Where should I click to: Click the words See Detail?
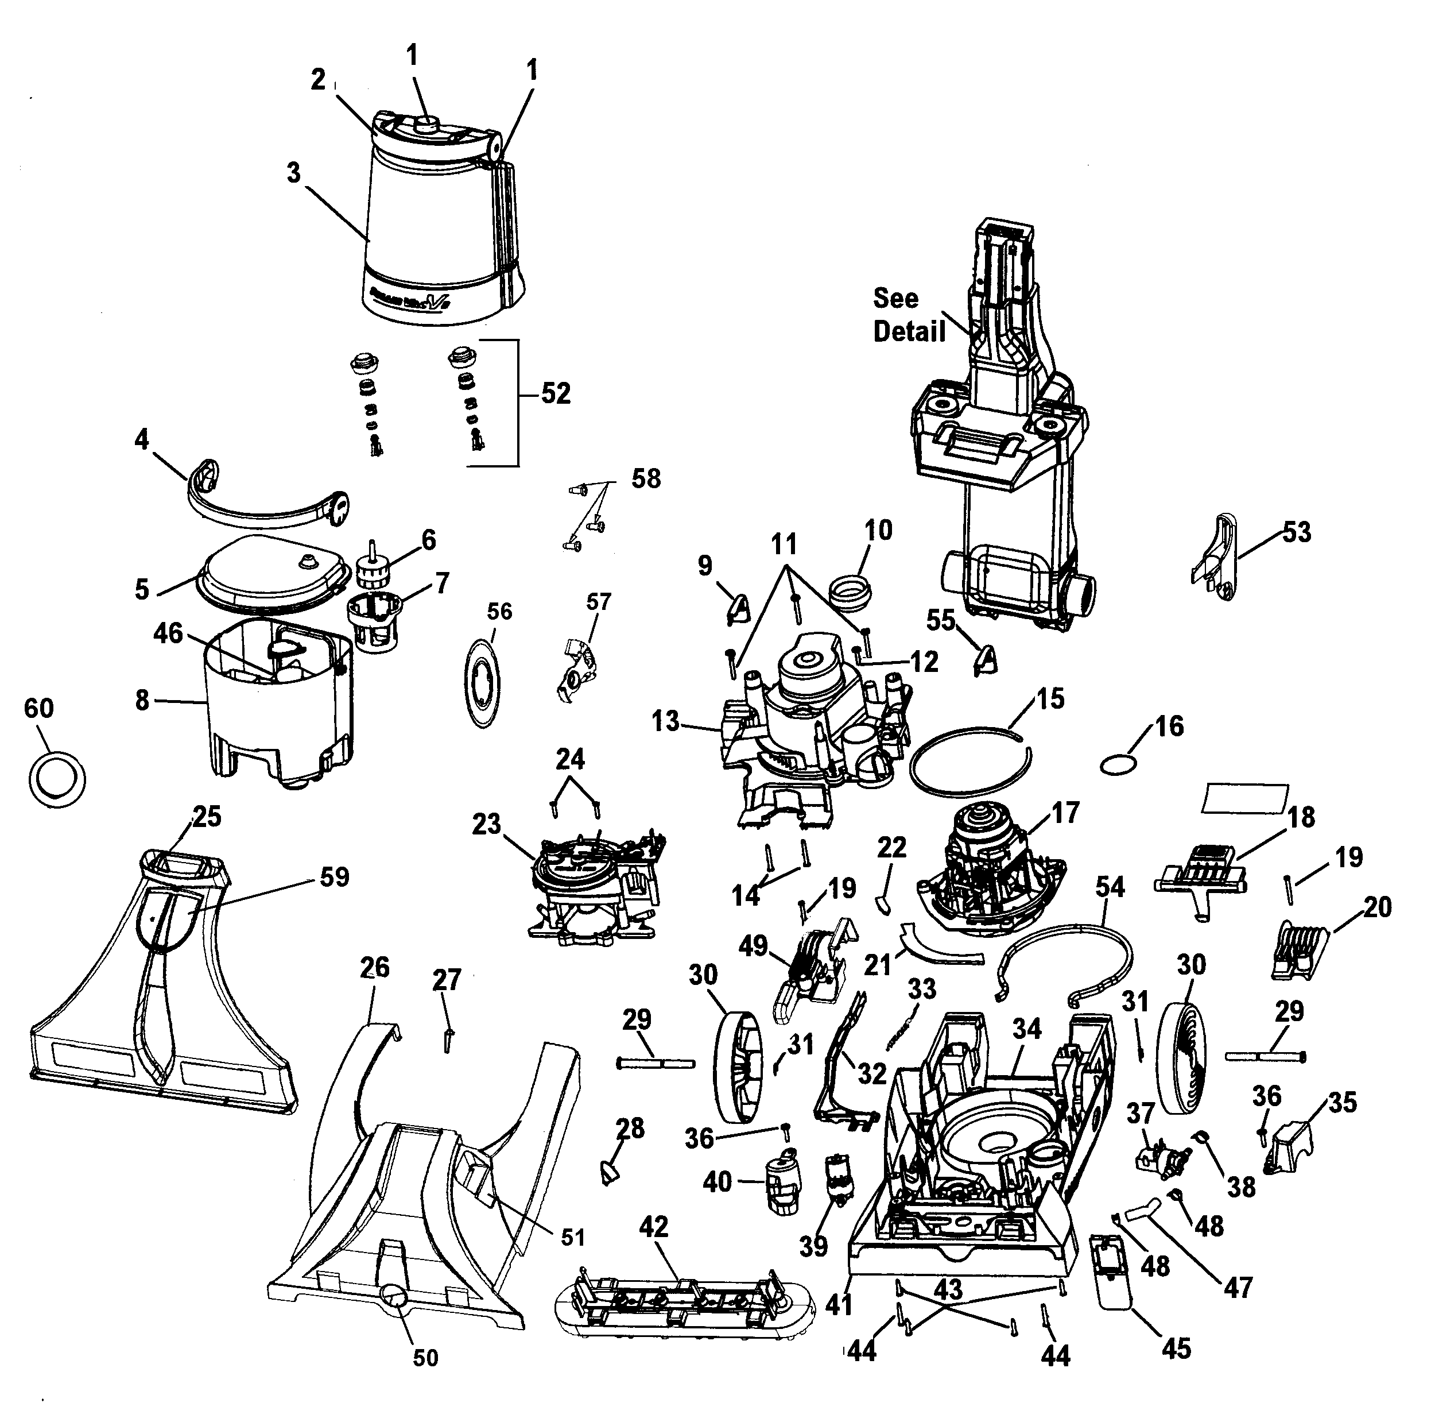(909, 315)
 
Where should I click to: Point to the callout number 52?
(556, 393)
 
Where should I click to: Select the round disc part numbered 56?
(482, 680)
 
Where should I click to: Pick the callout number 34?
(1027, 1029)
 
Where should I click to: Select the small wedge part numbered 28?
(609, 1173)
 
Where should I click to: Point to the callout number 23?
(487, 824)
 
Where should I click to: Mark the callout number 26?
(375, 968)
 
